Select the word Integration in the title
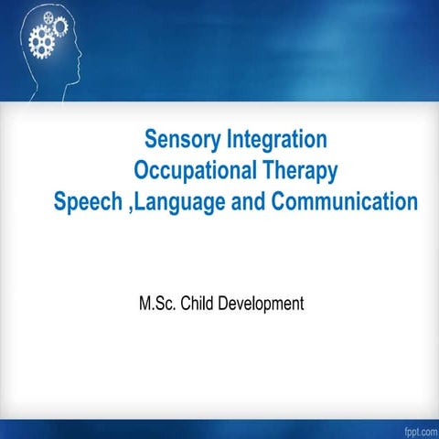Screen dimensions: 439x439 [277, 140]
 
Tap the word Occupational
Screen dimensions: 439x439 [196, 170]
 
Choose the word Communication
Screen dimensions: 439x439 [344, 200]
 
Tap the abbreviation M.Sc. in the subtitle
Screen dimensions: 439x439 [156, 302]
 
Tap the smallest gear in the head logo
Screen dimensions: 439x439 [49, 17]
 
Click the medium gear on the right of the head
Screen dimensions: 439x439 [60, 27]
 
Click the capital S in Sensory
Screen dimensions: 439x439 [152, 140]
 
